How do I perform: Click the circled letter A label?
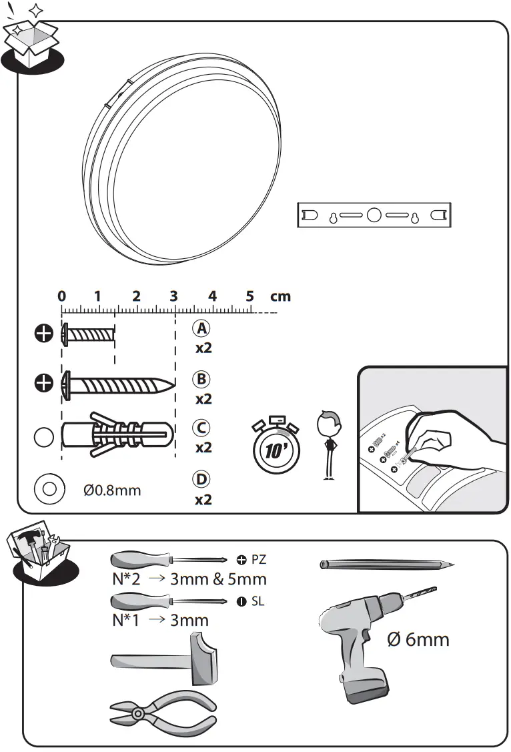pyautogui.click(x=201, y=328)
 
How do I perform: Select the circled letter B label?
pyautogui.click(x=201, y=379)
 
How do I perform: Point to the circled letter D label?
pyautogui.click(x=201, y=479)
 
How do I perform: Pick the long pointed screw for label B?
pyautogui.click(x=117, y=385)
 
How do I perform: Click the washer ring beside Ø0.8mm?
pyautogui.click(x=48, y=488)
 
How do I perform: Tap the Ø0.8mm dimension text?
pyautogui.click(x=112, y=490)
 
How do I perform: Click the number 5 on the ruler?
pyautogui.click(x=250, y=296)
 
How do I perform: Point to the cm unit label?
pyautogui.click(x=280, y=296)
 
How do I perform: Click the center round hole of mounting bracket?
pyautogui.click(x=374, y=216)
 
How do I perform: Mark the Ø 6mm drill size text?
pyautogui.click(x=418, y=640)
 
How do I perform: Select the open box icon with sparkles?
pyautogui.click(x=31, y=40)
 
